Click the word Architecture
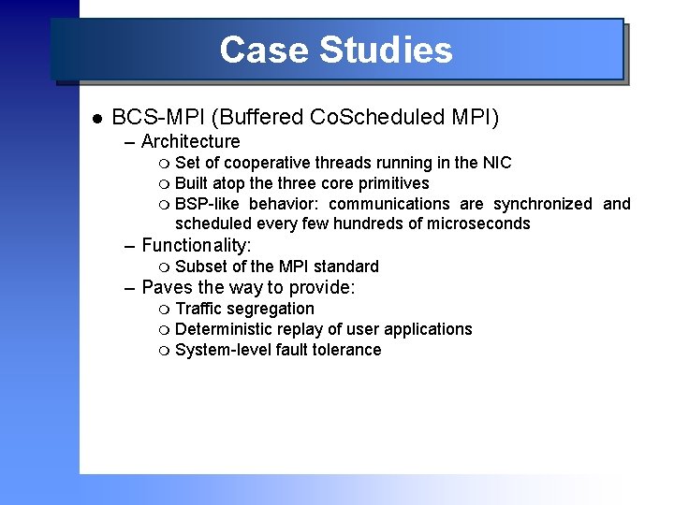[x=190, y=142]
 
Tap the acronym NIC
[x=496, y=163]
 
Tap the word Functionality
[x=196, y=246]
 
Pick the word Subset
[x=200, y=267]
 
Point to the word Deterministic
[x=223, y=329]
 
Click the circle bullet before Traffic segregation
[x=166, y=310]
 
